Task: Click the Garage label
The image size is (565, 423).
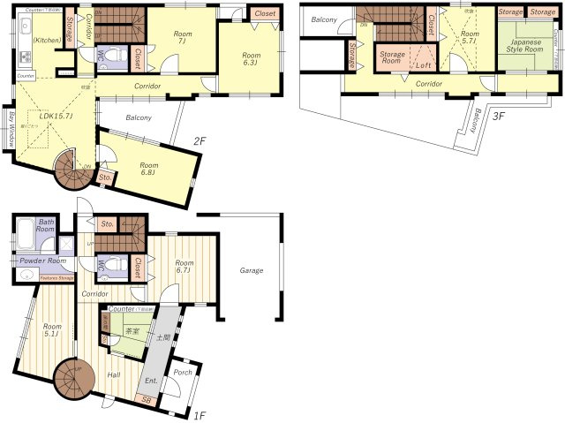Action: pos(252,271)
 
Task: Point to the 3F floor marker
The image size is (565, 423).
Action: pos(500,116)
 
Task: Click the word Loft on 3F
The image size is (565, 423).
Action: pos(424,65)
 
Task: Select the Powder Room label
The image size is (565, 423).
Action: pos(43,261)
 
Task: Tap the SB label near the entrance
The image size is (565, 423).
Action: pos(146,400)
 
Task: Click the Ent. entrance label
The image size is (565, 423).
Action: pos(152,381)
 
